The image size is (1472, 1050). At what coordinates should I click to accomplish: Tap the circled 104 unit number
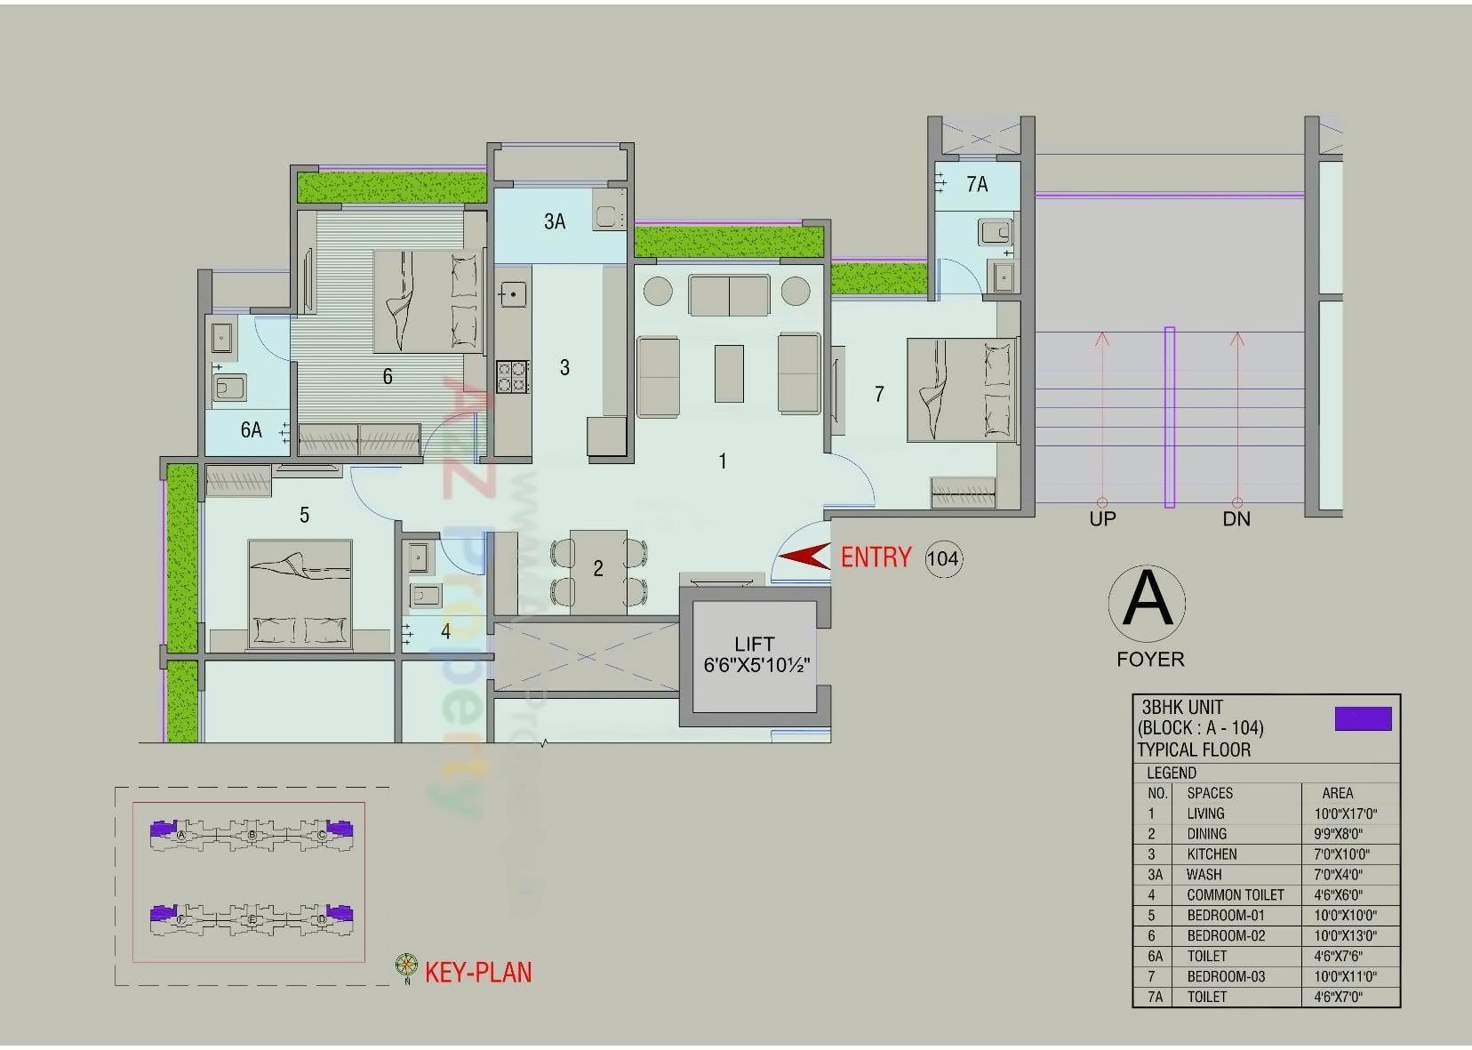[942, 558]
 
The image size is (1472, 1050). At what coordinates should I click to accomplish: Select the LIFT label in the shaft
[754, 644]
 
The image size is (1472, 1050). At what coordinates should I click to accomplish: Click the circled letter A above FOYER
[1148, 602]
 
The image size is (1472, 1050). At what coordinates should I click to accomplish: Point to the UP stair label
[1102, 519]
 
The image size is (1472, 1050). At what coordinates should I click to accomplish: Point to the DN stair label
[1236, 519]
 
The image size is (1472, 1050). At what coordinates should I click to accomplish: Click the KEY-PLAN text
[478, 972]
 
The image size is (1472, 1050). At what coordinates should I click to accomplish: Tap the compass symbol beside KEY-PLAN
[406, 966]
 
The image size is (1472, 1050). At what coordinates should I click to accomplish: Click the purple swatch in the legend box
[1363, 718]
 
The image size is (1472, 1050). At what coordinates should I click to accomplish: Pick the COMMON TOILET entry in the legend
[1236, 895]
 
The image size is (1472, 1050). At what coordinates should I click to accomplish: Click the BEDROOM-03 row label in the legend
[1226, 976]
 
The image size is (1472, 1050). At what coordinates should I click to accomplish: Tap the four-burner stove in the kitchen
[513, 376]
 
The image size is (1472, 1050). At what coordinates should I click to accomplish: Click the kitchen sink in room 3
[513, 293]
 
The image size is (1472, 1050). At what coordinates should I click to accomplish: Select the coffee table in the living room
[729, 373]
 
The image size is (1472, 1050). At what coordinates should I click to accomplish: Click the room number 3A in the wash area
[555, 221]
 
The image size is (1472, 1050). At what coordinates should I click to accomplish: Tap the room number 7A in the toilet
[977, 184]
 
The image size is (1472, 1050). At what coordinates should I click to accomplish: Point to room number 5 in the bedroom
[304, 515]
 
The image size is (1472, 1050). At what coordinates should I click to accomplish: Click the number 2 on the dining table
[598, 568]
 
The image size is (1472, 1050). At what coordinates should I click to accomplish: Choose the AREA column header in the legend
[1337, 793]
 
